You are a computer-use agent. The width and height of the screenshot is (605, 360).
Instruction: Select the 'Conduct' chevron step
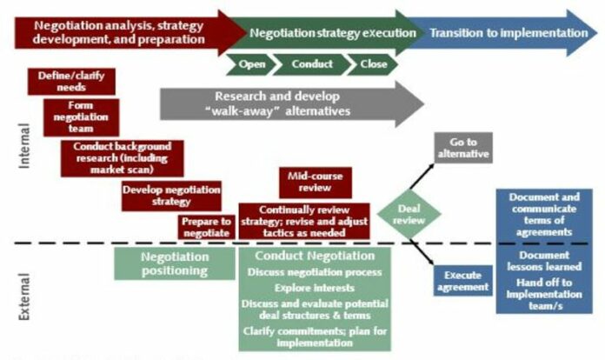[310, 64]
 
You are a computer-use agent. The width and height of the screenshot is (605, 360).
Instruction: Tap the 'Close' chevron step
[371, 64]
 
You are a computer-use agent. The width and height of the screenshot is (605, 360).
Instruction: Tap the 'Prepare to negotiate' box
[206, 227]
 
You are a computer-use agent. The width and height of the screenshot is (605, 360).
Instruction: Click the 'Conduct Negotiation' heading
[315, 256]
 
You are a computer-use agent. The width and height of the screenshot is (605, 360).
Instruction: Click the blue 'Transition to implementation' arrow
[504, 33]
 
